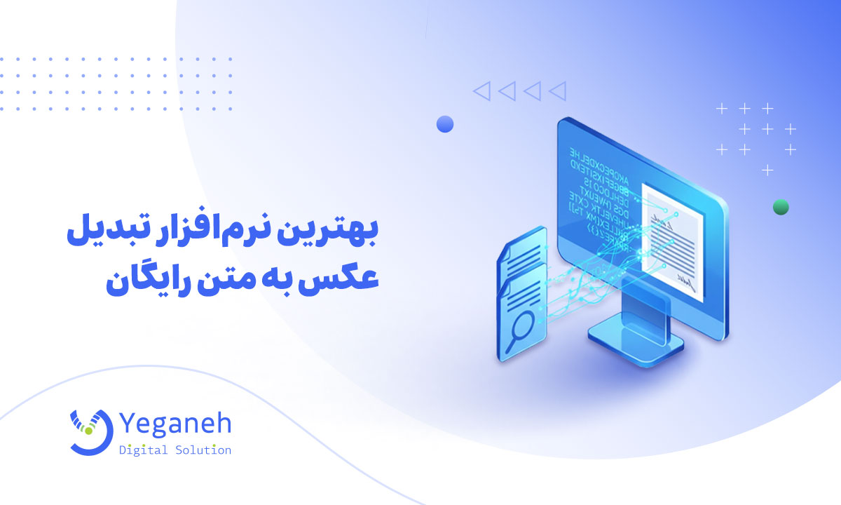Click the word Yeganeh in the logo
(x=175, y=423)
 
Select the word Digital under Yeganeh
(x=143, y=450)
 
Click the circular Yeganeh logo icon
(x=90, y=431)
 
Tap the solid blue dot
(x=445, y=125)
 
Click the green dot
(x=781, y=207)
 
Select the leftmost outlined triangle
(x=481, y=90)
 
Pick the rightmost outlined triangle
(x=557, y=90)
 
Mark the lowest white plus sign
(x=768, y=170)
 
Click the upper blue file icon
(x=522, y=256)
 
